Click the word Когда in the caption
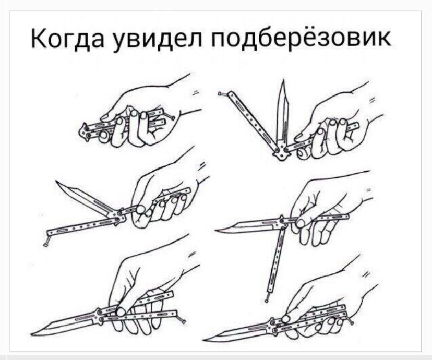pyautogui.click(x=67, y=39)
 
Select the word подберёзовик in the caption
pyautogui.click(x=301, y=38)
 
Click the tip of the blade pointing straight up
pyautogui.click(x=283, y=80)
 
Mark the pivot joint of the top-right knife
pyautogui.click(x=282, y=150)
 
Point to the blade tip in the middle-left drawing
pyautogui.click(x=56, y=181)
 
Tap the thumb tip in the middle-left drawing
pyautogui.click(x=140, y=210)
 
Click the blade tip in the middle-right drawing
pyautogui.click(x=217, y=230)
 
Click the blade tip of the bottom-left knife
pyautogui.click(x=32, y=334)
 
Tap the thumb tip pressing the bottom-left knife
pyautogui.click(x=121, y=311)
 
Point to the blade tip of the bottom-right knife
pyautogui.click(x=205, y=339)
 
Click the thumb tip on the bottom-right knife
pyautogui.click(x=286, y=319)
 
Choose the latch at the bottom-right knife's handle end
pyautogui.click(x=350, y=320)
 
